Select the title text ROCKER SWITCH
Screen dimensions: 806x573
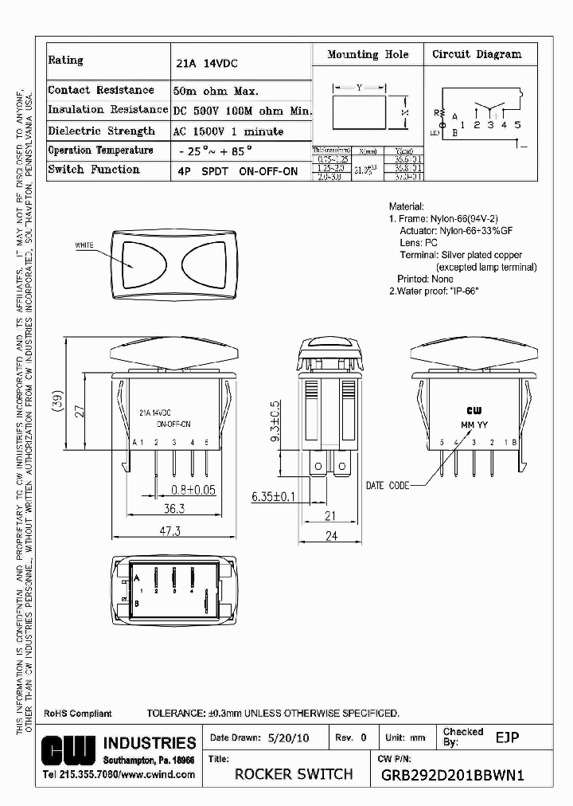pos(294,774)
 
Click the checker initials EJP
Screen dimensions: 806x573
pos(507,738)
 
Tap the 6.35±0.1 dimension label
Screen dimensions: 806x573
pos(272,496)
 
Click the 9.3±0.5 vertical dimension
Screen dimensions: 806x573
pos(275,421)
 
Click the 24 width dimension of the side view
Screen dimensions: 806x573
pos(330,536)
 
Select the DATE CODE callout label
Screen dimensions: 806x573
pos(388,485)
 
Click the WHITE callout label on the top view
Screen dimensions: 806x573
pos(84,245)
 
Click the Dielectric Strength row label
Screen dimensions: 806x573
pos(101,131)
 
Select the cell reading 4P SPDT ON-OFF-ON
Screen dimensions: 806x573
pos(236,170)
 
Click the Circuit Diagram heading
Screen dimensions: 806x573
pos(477,54)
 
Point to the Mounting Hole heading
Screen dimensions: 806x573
pos(368,54)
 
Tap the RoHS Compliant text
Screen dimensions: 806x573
pos(78,714)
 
